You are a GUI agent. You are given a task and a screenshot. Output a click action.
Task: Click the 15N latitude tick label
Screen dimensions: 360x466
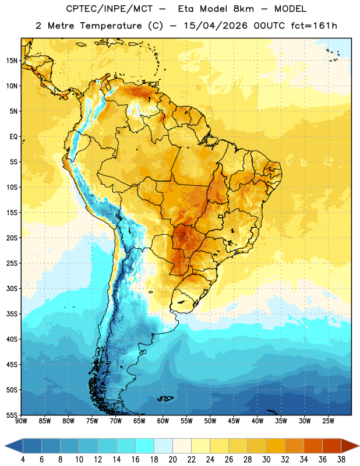pyautogui.click(x=12, y=61)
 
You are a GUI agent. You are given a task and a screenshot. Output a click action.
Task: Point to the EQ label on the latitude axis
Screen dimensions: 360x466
pyautogui.click(x=13, y=137)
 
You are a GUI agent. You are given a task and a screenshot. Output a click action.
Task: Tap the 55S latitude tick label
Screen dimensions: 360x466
pyautogui.click(x=12, y=415)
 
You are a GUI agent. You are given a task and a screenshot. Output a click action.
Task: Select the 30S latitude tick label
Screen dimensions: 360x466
pyautogui.click(x=12, y=288)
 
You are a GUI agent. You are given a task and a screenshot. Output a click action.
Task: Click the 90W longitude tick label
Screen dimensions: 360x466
pyautogui.click(x=21, y=421)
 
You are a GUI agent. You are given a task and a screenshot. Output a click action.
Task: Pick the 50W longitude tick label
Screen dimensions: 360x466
pyautogui.click(x=210, y=421)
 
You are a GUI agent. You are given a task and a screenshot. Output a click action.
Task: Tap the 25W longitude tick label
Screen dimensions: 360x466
pyautogui.click(x=328, y=421)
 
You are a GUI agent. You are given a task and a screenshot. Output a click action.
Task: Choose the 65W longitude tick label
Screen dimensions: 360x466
pyautogui.click(x=139, y=421)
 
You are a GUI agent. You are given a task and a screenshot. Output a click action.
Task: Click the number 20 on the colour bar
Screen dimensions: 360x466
pyautogui.click(x=172, y=460)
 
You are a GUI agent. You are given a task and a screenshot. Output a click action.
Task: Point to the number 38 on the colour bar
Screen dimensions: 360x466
pyautogui.click(x=341, y=460)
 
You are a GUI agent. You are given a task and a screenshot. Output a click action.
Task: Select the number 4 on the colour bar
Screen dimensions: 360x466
pyautogui.click(x=23, y=460)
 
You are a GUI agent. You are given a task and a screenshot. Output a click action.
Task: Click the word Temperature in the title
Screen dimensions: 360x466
pyautogui.click(x=111, y=26)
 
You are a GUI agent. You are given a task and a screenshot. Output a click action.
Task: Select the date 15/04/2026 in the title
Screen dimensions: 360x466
pyautogui.click(x=216, y=26)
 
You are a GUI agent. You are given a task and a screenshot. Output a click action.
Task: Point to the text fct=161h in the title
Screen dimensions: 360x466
pyautogui.click(x=314, y=26)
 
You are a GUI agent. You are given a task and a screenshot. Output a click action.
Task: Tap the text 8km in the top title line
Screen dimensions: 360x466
pyautogui.click(x=243, y=9)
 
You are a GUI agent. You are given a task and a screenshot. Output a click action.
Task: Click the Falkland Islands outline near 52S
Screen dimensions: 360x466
pyautogui.click(x=165, y=398)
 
